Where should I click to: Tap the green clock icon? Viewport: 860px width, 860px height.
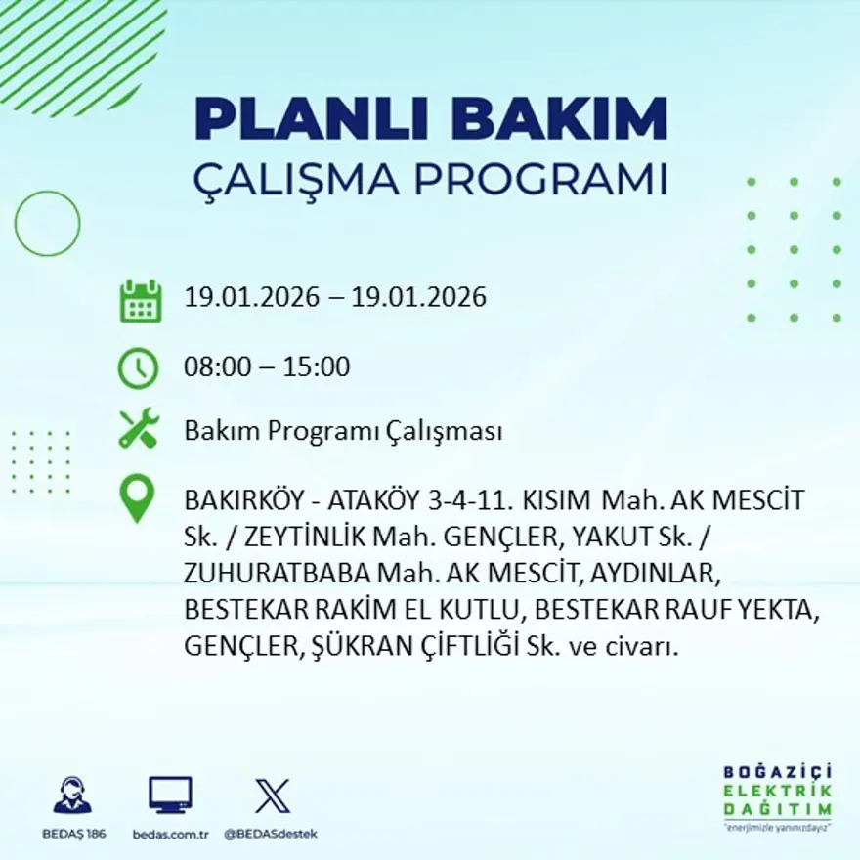[x=138, y=367]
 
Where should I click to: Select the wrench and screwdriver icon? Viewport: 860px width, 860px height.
[x=139, y=430]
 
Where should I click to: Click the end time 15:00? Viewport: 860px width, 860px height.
[x=317, y=367]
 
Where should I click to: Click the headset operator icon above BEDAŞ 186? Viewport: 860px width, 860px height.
[x=71, y=795]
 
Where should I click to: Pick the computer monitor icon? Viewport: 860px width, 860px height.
[x=170, y=795]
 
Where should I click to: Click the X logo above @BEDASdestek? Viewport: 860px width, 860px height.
[x=271, y=795]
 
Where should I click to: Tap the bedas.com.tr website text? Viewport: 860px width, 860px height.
[x=171, y=834]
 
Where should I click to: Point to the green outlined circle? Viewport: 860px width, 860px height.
[x=47, y=224]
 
